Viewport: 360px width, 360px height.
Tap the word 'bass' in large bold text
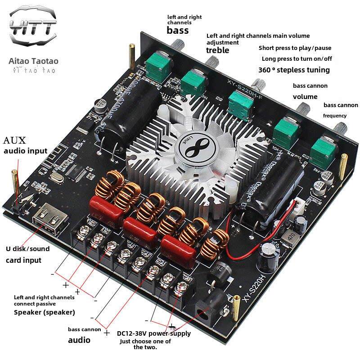point(177,30)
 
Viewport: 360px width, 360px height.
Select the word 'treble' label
point(217,50)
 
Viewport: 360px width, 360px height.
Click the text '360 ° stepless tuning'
point(294,70)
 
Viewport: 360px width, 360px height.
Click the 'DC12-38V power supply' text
point(153,333)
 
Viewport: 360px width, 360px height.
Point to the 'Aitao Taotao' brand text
point(34,61)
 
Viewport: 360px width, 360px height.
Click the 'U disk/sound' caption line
point(27,248)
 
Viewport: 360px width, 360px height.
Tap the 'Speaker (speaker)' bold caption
point(44,312)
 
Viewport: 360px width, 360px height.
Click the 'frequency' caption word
point(335,116)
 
